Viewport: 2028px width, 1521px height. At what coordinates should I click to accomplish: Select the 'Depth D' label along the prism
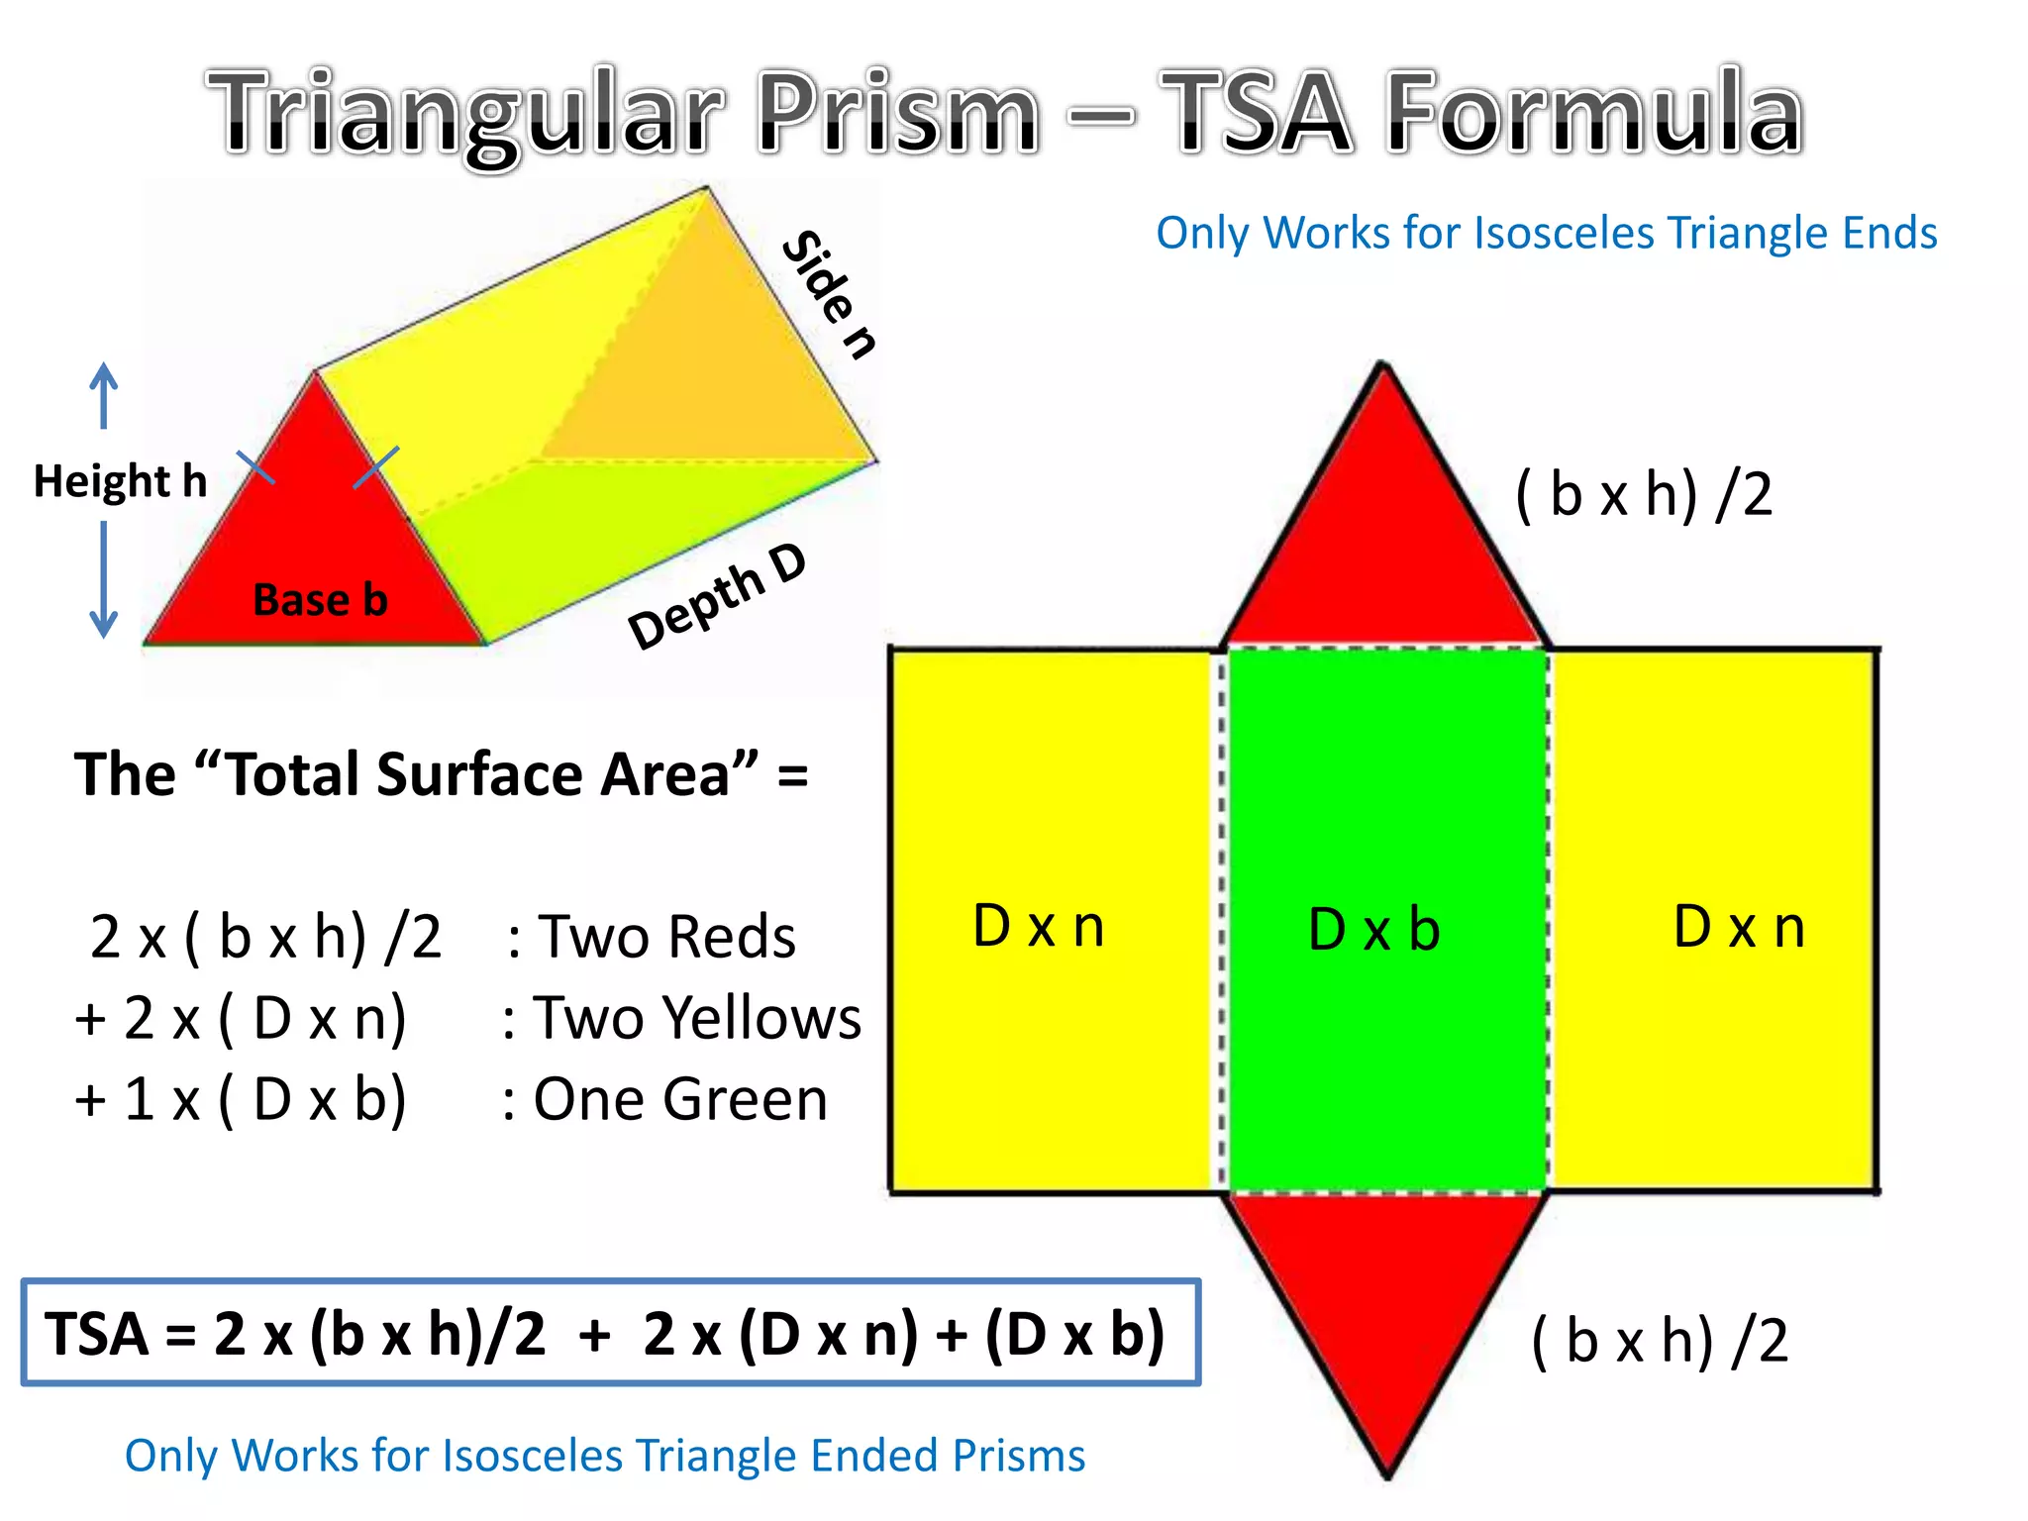(x=718, y=596)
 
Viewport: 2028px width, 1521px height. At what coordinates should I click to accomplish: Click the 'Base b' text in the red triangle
(x=320, y=600)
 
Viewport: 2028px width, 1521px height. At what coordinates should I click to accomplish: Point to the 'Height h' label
(x=121, y=481)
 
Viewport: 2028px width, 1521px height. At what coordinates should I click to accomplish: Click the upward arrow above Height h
(x=104, y=395)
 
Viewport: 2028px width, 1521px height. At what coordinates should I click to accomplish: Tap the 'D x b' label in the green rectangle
(x=1373, y=929)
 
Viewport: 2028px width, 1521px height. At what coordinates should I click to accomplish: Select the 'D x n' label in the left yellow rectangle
(x=1038, y=926)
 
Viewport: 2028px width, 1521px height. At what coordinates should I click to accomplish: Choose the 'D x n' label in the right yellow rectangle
(x=1739, y=927)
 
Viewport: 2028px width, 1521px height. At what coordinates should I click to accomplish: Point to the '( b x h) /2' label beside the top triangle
(x=1644, y=494)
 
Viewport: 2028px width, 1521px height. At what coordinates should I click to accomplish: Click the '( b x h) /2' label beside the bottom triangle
(x=1660, y=1341)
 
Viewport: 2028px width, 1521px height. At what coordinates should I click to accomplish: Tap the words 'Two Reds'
(x=665, y=937)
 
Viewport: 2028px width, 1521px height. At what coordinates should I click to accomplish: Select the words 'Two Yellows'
(x=697, y=1018)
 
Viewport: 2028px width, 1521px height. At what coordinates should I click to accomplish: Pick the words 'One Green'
(x=680, y=1099)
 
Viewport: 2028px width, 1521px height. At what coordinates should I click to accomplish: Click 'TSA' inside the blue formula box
(x=97, y=1334)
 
